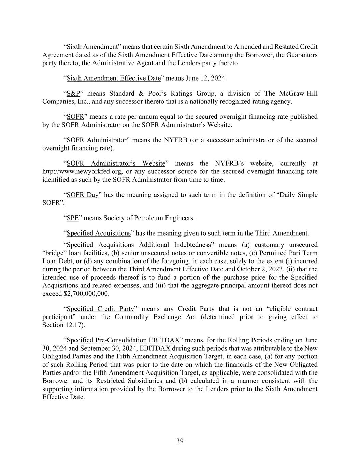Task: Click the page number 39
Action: tap(180, 441)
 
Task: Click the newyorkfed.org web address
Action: tap(84, 171)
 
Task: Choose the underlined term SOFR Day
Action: tap(82, 195)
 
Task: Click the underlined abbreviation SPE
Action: tap(73, 218)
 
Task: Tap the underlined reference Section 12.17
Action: tap(62, 325)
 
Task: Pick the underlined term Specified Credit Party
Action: tap(100, 309)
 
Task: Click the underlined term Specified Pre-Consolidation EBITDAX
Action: tap(123, 340)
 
